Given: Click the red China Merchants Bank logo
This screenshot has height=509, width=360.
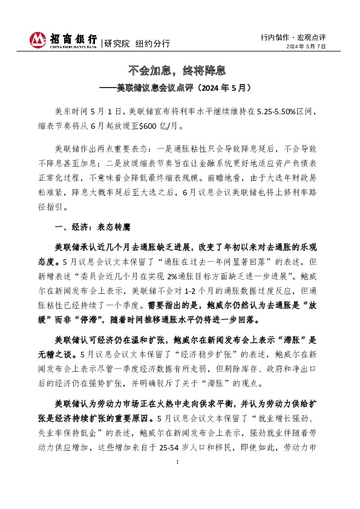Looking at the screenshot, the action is (38, 39).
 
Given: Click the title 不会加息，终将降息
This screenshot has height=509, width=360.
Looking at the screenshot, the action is (180, 71).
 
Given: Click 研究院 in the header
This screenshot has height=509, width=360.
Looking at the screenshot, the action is (117, 44).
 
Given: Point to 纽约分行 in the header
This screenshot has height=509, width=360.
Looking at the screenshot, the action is (152, 44).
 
